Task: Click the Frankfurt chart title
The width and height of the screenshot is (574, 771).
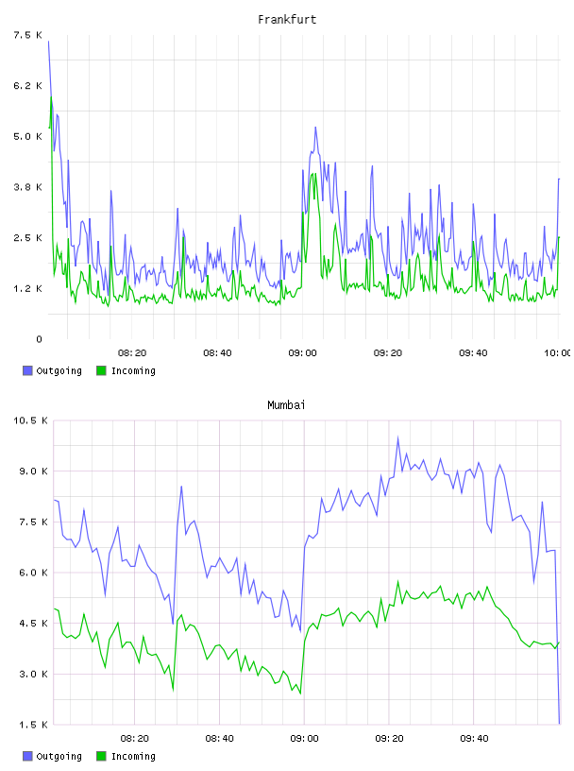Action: [x=287, y=19]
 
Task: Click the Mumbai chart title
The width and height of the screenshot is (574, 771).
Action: [x=286, y=404]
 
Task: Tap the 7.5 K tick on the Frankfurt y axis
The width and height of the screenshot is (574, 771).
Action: [x=27, y=35]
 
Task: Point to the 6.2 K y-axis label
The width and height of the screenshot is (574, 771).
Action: [x=27, y=86]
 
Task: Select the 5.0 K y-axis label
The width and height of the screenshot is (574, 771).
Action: [x=27, y=136]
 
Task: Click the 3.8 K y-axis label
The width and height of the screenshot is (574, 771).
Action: [x=27, y=187]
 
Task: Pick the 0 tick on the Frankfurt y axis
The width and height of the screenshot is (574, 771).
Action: [x=40, y=339]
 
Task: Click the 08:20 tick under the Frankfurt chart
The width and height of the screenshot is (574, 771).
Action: [x=132, y=352]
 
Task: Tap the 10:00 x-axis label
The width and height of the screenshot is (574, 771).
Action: [x=557, y=352]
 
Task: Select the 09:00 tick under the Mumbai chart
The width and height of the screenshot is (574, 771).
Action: [x=304, y=738]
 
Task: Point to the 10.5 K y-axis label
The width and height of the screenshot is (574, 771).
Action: [x=30, y=420]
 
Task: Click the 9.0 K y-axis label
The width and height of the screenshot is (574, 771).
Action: [x=33, y=471]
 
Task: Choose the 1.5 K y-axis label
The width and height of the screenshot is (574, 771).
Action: [x=33, y=725]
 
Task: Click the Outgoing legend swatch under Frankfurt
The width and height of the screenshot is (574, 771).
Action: [x=27, y=370]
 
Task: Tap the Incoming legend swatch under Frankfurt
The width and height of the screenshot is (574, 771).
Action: [x=101, y=370]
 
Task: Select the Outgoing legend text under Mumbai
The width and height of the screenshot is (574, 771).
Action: [x=59, y=756]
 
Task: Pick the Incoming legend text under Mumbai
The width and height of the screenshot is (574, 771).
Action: [x=133, y=756]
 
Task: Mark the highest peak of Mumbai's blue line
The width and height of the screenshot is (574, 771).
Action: [x=397, y=437]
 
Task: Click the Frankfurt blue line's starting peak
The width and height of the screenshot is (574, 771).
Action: [x=49, y=42]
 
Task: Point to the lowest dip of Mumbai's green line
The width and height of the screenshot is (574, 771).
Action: [x=300, y=694]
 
